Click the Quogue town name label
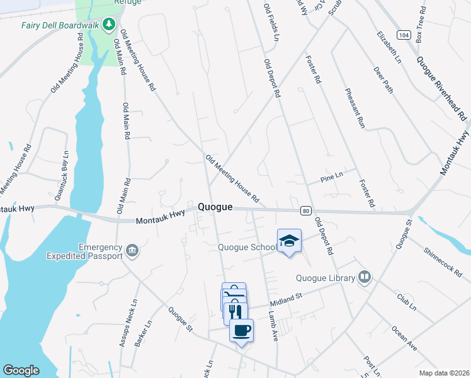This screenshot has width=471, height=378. pyautogui.click(x=215, y=207)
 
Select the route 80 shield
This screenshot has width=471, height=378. pyautogui.click(x=305, y=210)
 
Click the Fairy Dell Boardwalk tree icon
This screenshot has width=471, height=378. pyautogui.click(x=110, y=25)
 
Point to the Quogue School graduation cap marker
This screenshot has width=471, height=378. pyautogui.click(x=289, y=240)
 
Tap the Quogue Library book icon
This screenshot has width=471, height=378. pyautogui.click(x=363, y=277)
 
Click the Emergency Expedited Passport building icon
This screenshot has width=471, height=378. pyautogui.click(x=132, y=251)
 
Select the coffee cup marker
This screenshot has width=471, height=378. pyautogui.click(x=241, y=329)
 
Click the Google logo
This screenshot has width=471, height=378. pyautogui.click(x=21, y=370)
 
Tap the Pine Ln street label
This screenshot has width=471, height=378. pyautogui.click(x=331, y=178)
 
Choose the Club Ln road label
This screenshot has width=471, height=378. pyautogui.click(x=407, y=302)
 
